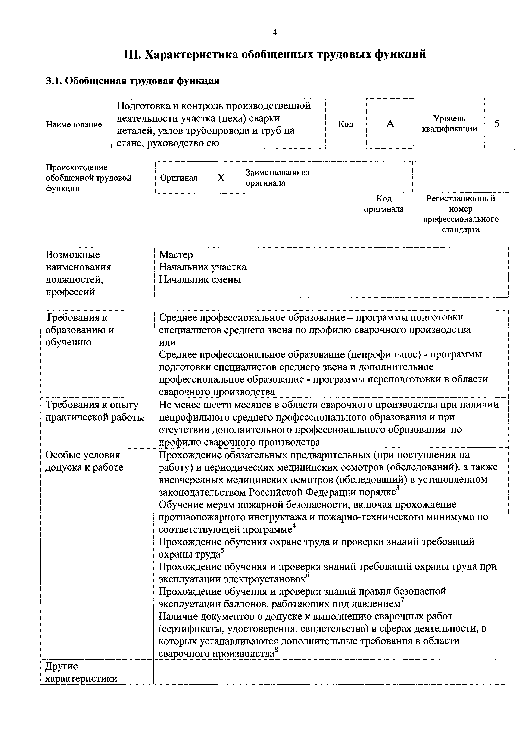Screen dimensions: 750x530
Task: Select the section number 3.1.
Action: click(x=54, y=81)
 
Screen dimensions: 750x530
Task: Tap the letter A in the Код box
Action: click(x=390, y=124)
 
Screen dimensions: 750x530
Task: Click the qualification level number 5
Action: click(x=497, y=124)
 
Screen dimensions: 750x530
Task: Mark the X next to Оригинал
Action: click(x=221, y=178)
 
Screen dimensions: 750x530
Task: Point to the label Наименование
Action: click(x=74, y=124)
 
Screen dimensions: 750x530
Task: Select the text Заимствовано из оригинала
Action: click(x=277, y=178)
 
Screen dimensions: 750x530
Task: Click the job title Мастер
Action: click(x=176, y=255)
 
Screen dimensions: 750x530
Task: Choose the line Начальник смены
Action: click(x=200, y=280)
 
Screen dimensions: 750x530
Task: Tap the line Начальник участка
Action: click(x=202, y=267)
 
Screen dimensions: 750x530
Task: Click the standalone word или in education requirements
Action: click(x=167, y=342)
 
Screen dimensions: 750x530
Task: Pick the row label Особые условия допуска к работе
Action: click(x=84, y=461)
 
